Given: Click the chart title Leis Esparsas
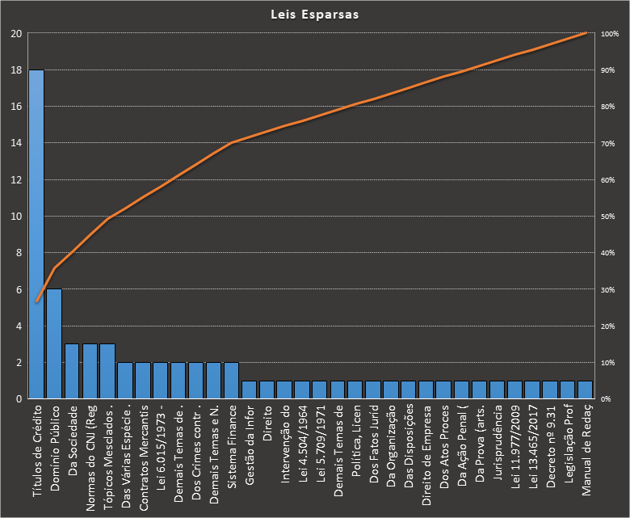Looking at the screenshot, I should tap(315, 15).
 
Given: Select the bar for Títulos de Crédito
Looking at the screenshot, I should tap(36, 234).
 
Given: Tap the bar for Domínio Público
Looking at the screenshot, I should tap(54, 343).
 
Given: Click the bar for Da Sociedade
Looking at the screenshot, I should tap(72, 372).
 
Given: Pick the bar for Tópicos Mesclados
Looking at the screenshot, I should tap(107, 372).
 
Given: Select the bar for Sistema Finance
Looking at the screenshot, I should tap(232, 381).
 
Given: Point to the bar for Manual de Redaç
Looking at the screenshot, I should tap(586, 390).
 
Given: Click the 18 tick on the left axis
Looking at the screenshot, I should tap(16, 70).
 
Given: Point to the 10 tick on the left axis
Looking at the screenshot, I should tap(16, 217).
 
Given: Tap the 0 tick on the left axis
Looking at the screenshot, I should tap(19, 399).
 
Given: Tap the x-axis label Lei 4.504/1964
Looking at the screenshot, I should tap(303, 441).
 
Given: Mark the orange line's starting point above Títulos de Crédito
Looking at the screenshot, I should tap(36, 301).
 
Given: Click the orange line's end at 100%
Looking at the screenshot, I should tap(586, 33).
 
